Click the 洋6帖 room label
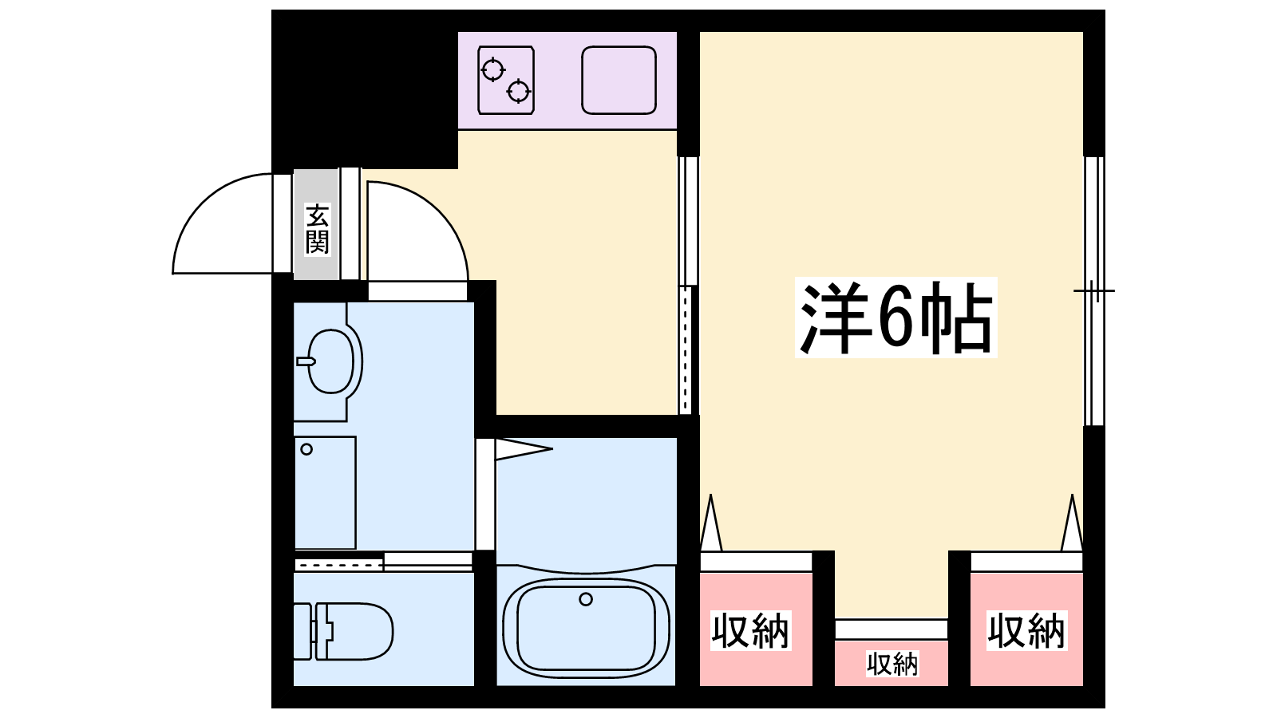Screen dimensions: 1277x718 pyautogui.click(x=895, y=317)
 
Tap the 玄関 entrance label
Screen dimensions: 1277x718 pyautogui.click(x=317, y=229)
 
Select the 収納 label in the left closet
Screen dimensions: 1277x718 pyautogui.click(x=750, y=631)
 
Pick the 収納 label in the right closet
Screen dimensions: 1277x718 pyautogui.click(x=1026, y=631)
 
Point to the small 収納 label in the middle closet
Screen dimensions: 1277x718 pyautogui.click(x=892, y=664)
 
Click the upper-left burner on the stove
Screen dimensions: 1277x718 pyautogui.click(x=492, y=70)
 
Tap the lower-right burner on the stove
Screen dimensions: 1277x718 pyautogui.click(x=518, y=91)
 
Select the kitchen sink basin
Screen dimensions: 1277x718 pyautogui.click(x=619, y=81)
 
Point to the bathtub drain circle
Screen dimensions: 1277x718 pyautogui.click(x=586, y=599)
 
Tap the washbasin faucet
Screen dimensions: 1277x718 pyautogui.click(x=306, y=361)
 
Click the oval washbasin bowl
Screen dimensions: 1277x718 pyautogui.click(x=330, y=361)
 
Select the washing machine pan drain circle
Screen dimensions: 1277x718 pyautogui.click(x=306, y=450)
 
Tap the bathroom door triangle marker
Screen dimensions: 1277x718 pyautogui.click(x=524, y=449)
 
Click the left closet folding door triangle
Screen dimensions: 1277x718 pyautogui.click(x=711, y=523)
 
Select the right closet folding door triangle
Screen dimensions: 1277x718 pyautogui.click(x=1072, y=523)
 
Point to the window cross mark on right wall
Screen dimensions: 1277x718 pyautogui.click(x=1094, y=291)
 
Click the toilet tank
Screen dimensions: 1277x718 pyautogui.click(x=302, y=631)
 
